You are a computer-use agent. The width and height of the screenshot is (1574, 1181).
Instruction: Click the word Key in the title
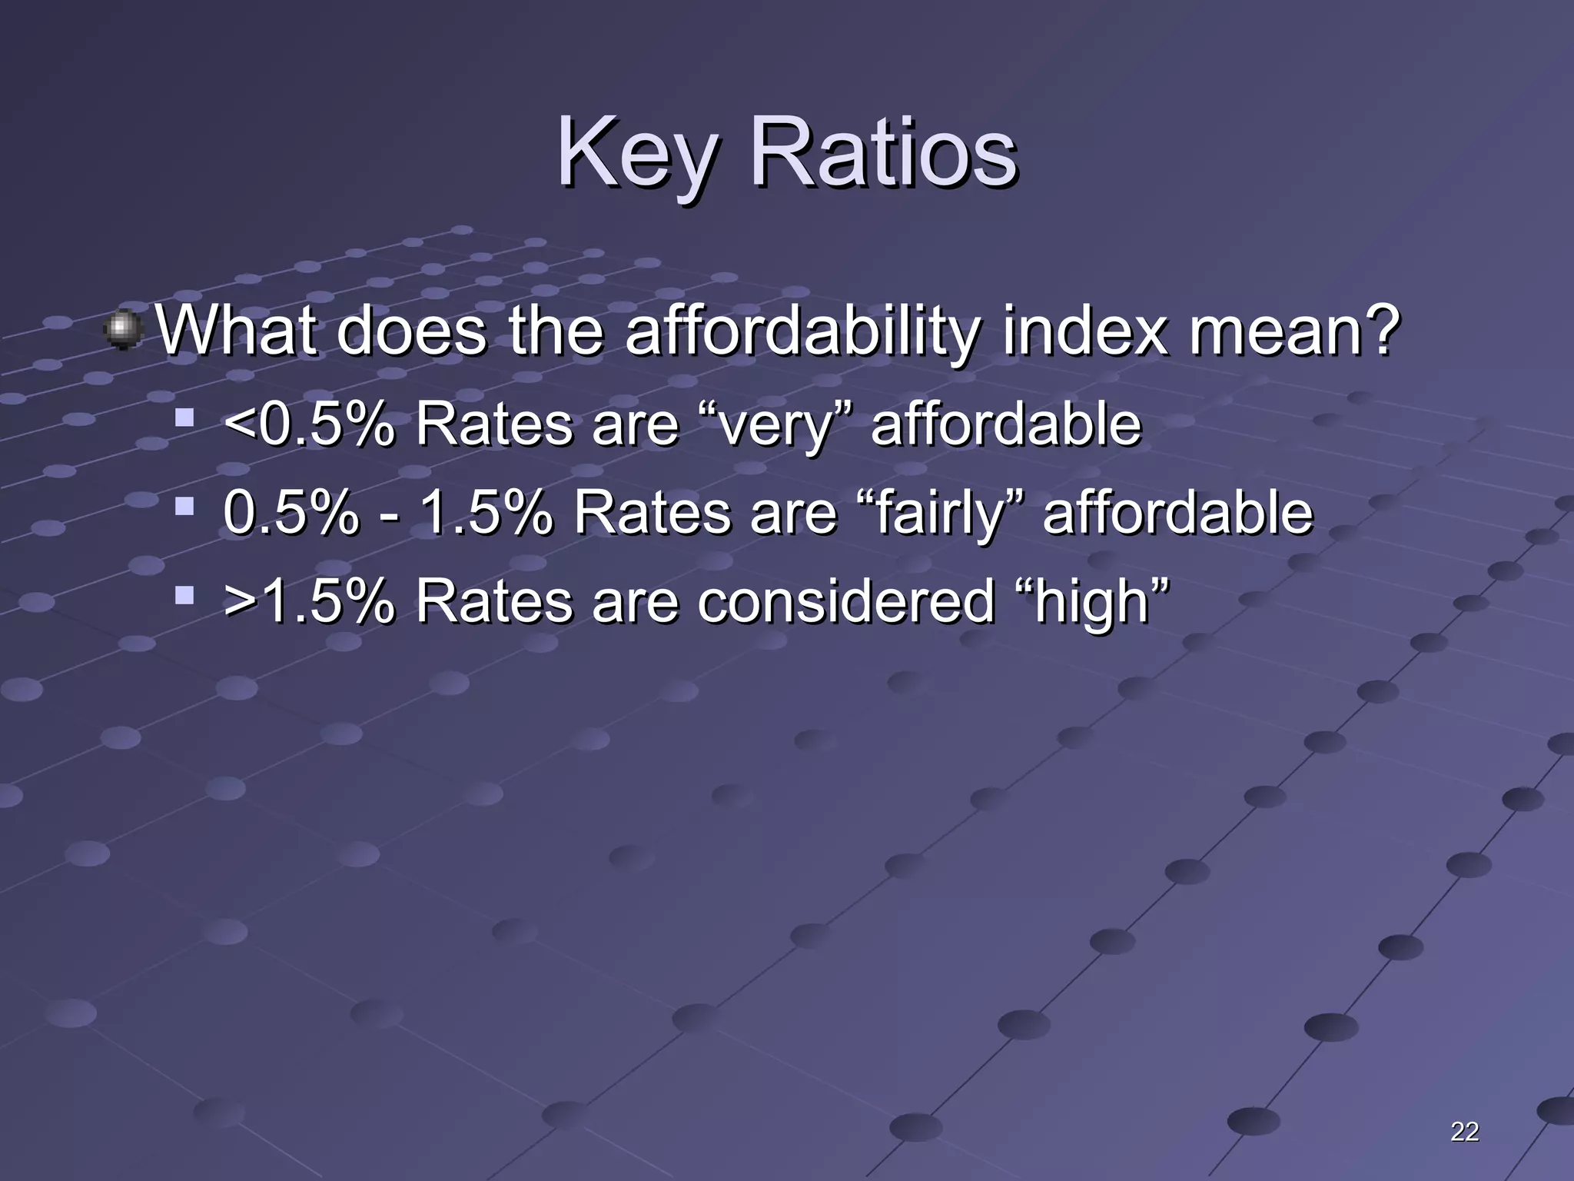click(635, 154)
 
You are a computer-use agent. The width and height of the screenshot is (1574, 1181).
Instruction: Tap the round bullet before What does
click(123, 331)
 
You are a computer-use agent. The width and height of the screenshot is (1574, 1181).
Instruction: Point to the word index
click(1084, 332)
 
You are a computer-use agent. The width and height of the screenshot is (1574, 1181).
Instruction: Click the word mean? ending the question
click(1293, 332)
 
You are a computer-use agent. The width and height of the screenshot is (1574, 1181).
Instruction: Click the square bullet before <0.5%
click(184, 419)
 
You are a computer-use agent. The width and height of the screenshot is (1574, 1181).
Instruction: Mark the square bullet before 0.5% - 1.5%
click(184, 506)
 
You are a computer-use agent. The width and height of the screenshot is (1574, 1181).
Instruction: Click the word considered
click(845, 600)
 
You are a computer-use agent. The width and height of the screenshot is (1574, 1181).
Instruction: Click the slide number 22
click(1464, 1132)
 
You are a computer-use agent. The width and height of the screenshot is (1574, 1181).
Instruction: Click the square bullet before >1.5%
click(184, 594)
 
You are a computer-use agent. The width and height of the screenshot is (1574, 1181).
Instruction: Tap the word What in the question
click(235, 332)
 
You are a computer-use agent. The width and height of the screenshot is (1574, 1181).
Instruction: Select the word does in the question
click(411, 332)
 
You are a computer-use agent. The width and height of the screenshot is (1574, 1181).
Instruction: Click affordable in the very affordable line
click(1005, 424)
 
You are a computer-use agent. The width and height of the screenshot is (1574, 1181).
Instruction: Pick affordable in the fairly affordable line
click(1177, 513)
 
